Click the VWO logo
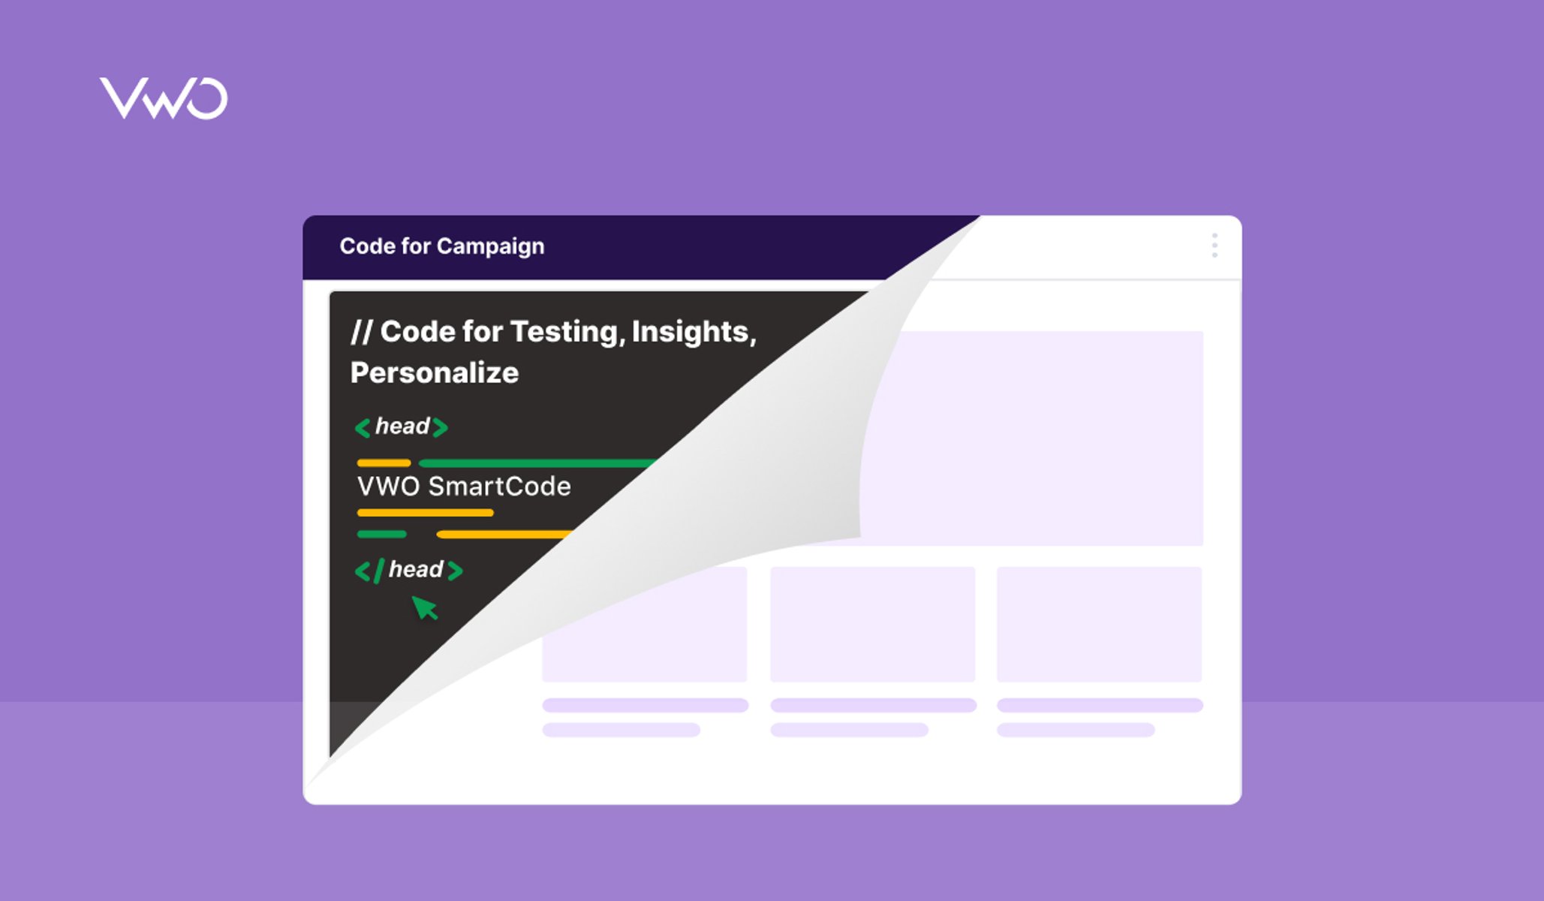164,98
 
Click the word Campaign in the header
490,247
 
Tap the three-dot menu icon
1214,246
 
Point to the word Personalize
435,372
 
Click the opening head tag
402,426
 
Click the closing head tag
409,570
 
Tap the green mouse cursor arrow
424,607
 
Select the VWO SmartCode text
464,487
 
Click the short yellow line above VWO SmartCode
384,463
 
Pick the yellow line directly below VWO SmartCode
426,513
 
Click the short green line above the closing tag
382,535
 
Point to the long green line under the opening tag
537,463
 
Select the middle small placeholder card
873,624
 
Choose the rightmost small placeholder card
1100,624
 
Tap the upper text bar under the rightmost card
1100,705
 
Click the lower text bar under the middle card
850,730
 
